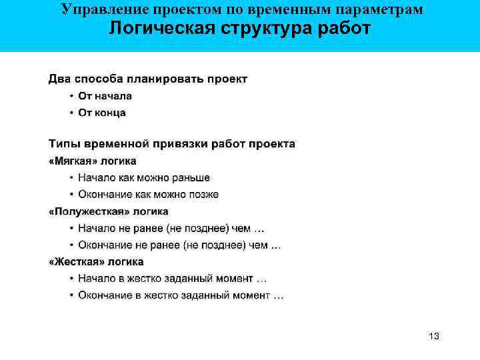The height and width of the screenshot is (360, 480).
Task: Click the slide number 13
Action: click(x=434, y=336)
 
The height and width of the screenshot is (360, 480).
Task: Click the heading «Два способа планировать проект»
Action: click(x=147, y=79)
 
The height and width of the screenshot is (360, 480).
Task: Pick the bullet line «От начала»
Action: click(x=105, y=96)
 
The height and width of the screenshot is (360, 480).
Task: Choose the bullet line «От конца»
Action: click(x=101, y=113)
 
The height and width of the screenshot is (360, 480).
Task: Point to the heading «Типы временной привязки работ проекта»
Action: click(x=171, y=143)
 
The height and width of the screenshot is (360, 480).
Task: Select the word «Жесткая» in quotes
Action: click(x=77, y=262)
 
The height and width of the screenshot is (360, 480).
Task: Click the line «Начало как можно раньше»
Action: click(x=143, y=178)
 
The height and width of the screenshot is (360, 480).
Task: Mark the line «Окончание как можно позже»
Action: click(x=148, y=195)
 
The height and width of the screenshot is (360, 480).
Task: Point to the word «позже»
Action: click(x=203, y=195)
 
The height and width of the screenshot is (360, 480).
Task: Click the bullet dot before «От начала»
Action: click(x=71, y=96)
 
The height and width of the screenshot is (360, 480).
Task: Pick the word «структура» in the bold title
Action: click(x=256, y=29)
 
